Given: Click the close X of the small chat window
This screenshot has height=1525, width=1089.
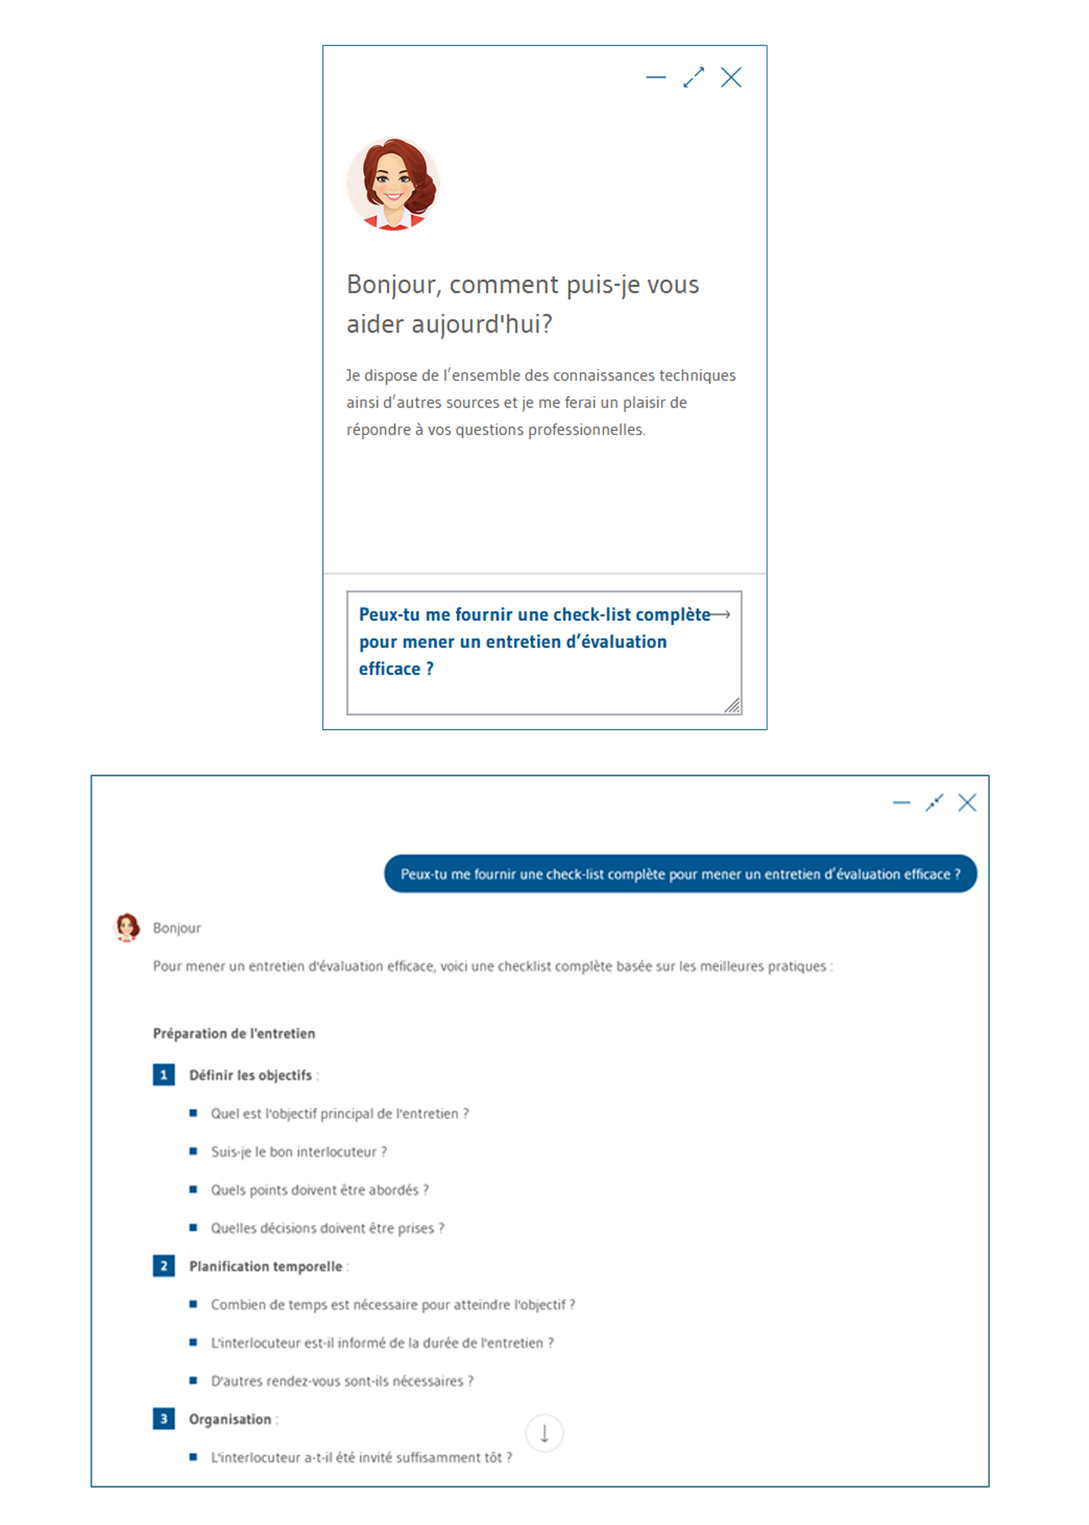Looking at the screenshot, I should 731,77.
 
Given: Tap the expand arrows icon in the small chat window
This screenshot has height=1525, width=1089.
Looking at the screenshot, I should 693,77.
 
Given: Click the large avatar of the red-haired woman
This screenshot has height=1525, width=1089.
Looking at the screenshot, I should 393,184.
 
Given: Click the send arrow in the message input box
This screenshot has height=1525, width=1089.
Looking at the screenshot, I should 721,614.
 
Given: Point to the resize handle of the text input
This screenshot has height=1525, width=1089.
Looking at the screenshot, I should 732,705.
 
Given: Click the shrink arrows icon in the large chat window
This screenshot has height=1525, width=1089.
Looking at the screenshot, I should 934,803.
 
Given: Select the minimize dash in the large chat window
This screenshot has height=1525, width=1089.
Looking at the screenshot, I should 901,803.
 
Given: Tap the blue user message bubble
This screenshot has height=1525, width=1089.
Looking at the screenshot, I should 680,874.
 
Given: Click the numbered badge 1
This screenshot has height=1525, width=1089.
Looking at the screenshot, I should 164,1075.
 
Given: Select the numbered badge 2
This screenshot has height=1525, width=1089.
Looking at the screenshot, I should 164,1266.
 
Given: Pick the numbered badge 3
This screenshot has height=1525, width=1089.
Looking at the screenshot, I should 164,1419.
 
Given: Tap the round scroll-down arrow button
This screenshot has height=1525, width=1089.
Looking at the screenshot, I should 544,1433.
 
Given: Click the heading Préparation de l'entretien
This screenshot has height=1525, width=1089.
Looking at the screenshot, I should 234,1034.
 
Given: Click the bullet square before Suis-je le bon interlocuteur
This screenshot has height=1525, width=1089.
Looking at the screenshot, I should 193,1152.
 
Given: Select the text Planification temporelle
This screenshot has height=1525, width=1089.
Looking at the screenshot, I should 266,1266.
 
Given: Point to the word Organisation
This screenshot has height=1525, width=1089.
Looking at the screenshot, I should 230,1419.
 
